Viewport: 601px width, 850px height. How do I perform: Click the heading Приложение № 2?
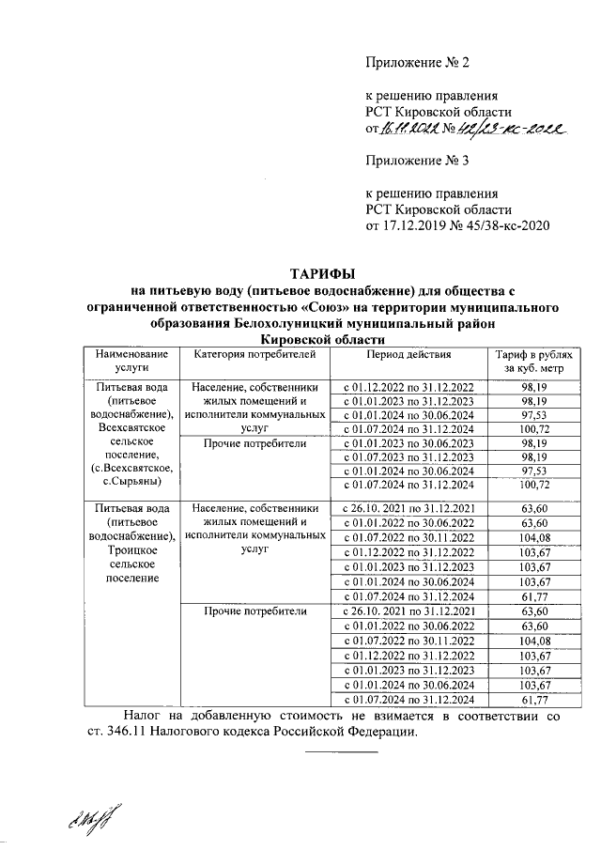[416, 63]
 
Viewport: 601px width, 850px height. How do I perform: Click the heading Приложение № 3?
[416, 160]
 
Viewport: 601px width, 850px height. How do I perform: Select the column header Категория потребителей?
[249, 355]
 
